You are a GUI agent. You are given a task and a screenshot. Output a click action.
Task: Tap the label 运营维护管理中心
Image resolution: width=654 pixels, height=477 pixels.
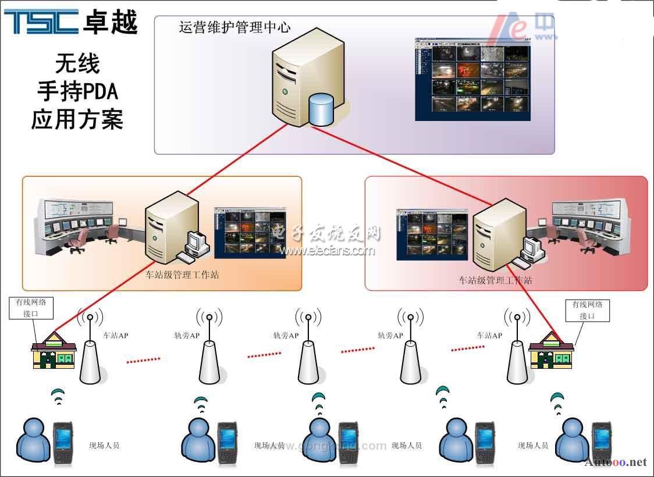click(234, 27)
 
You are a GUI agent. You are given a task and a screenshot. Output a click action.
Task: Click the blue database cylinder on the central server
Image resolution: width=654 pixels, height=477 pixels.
click(321, 109)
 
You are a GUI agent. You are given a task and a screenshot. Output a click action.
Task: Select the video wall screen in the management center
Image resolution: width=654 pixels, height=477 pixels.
click(473, 79)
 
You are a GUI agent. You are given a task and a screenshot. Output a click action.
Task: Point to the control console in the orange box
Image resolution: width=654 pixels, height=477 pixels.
click(77, 224)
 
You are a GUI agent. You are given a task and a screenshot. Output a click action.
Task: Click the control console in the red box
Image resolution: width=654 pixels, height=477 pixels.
click(588, 224)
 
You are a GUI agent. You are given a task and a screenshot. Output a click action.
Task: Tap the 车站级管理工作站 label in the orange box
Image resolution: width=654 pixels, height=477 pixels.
click(182, 275)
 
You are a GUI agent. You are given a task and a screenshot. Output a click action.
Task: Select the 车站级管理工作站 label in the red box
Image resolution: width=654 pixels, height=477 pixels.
click(495, 280)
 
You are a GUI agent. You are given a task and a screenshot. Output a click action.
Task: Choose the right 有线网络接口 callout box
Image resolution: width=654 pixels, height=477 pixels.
click(587, 310)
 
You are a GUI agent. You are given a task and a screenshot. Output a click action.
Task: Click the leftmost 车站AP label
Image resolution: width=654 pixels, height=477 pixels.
click(115, 336)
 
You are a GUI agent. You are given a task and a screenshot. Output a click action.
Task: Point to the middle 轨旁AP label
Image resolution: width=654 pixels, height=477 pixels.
click(286, 336)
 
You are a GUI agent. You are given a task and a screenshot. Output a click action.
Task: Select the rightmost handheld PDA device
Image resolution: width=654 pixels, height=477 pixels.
click(602, 442)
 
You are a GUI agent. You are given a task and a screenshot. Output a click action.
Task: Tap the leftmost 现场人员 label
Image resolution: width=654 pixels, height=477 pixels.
click(104, 446)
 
